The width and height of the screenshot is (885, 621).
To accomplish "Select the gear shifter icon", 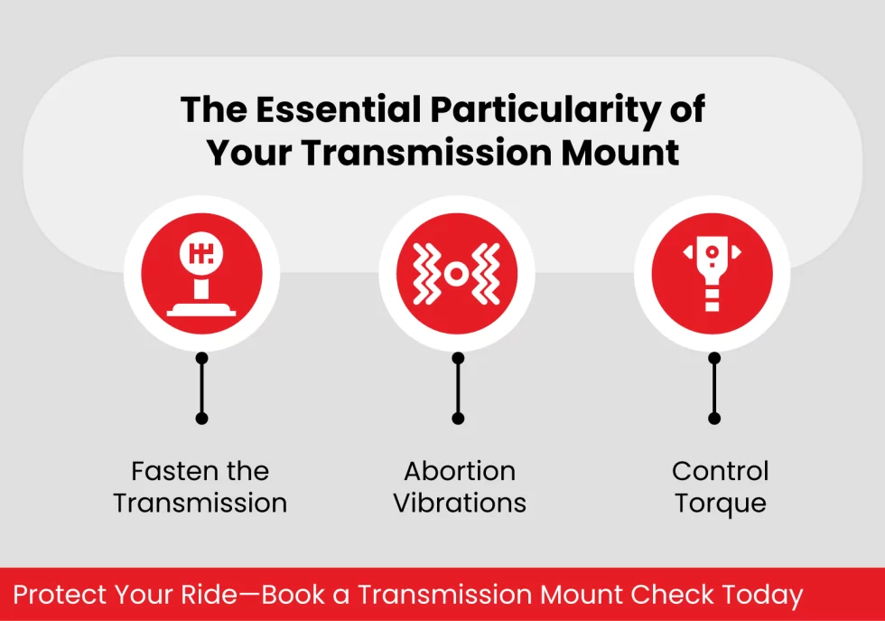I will (x=201, y=274).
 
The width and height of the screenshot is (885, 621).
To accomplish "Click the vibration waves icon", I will (x=457, y=274).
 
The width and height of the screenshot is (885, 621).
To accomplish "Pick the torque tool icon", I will (x=713, y=274).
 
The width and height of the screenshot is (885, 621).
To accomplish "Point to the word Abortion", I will (x=460, y=471).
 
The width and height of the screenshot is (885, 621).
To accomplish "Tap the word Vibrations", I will (x=460, y=503).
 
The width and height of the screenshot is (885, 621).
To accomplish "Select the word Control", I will (x=720, y=471).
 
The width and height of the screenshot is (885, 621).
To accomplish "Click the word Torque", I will (x=720, y=503).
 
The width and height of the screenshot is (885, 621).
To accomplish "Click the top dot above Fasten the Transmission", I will (x=201, y=358).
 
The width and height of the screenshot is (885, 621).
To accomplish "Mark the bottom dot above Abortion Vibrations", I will (x=458, y=419).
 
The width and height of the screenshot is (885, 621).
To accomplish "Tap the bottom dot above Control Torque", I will (x=714, y=419).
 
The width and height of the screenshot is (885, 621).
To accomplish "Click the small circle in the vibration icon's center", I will (x=457, y=273).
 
